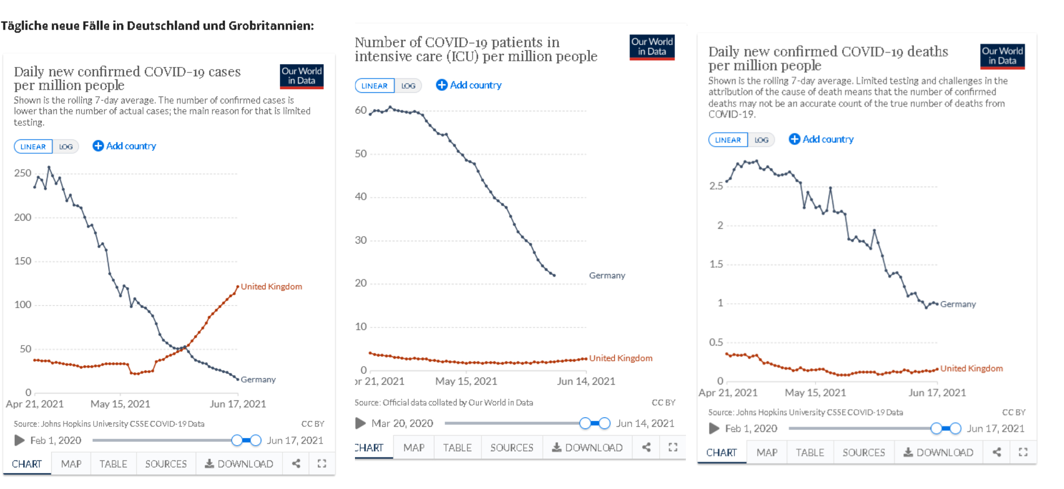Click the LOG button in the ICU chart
click(x=408, y=86)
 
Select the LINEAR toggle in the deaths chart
click(x=727, y=140)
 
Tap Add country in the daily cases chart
click(x=125, y=146)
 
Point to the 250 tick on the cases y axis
click(x=23, y=173)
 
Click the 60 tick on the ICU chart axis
click(x=361, y=110)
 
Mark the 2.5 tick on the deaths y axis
click(x=716, y=186)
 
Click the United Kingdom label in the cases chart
click(x=271, y=286)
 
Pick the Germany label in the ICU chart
click(x=607, y=275)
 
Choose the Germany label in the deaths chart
click(x=958, y=304)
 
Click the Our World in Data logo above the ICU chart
click(x=652, y=47)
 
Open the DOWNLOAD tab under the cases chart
click(x=239, y=464)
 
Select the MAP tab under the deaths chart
click(x=767, y=453)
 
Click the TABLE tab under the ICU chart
click(x=457, y=447)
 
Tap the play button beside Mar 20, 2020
click(x=361, y=423)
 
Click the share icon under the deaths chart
click(x=997, y=452)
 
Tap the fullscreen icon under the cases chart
click(x=322, y=464)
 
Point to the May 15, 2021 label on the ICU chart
click(x=466, y=381)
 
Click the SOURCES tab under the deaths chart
click(x=864, y=453)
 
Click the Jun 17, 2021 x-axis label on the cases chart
click(x=238, y=404)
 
